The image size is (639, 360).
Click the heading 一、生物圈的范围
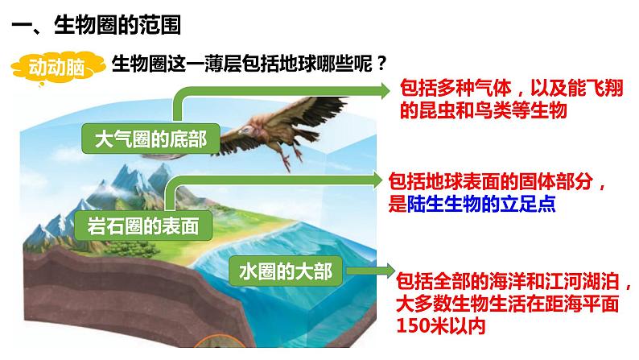click(97, 26)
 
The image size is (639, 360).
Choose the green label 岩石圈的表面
click(142, 226)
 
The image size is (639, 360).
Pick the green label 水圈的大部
click(285, 271)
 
